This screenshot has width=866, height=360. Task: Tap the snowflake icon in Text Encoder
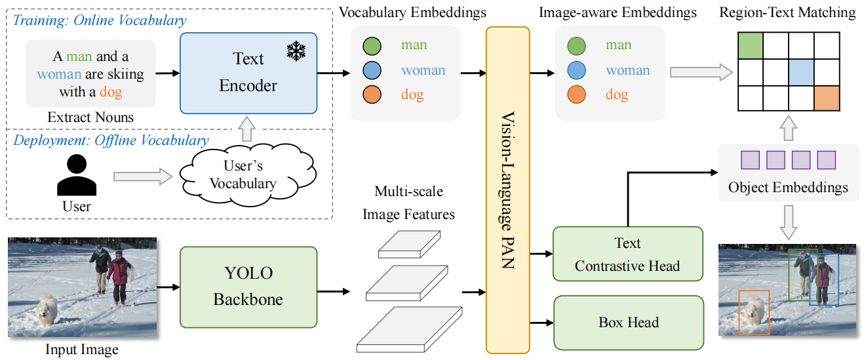(x=296, y=52)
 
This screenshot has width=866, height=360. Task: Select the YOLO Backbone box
(x=248, y=287)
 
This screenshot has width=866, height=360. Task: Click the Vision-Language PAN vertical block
(x=507, y=190)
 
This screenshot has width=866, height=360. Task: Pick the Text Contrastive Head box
(x=627, y=254)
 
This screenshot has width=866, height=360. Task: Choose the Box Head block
(x=628, y=322)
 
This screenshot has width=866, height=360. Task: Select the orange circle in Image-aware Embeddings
(x=576, y=94)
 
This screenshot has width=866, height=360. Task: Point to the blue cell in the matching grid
(x=801, y=71)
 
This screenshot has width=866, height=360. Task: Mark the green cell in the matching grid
(x=751, y=47)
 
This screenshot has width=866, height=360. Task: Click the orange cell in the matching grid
(x=826, y=97)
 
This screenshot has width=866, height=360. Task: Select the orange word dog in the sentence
(x=111, y=92)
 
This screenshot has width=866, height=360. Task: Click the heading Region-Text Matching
(x=787, y=12)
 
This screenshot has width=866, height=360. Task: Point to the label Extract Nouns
(x=90, y=118)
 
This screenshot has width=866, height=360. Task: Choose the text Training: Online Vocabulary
(x=100, y=20)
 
